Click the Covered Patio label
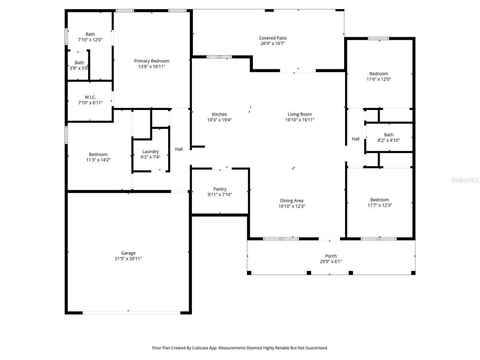(273, 38)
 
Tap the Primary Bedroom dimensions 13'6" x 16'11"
(151, 66)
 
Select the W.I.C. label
(90, 97)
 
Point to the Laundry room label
(151, 151)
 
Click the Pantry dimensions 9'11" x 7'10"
(220, 194)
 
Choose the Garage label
(128, 253)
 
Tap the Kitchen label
(219, 114)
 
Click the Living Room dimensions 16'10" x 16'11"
(300, 120)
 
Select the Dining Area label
(292, 201)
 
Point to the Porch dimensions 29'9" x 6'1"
(331, 261)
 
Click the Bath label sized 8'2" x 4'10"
(388, 135)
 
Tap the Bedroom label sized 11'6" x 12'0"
(379, 74)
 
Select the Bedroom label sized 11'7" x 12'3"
(379, 200)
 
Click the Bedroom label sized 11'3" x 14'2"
(98, 154)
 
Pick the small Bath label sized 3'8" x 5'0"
(79, 63)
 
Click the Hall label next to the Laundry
(179, 149)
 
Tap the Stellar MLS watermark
(465, 180)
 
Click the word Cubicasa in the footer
(200, 348)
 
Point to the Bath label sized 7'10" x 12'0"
(90, 34)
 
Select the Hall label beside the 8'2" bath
(355, 139)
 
